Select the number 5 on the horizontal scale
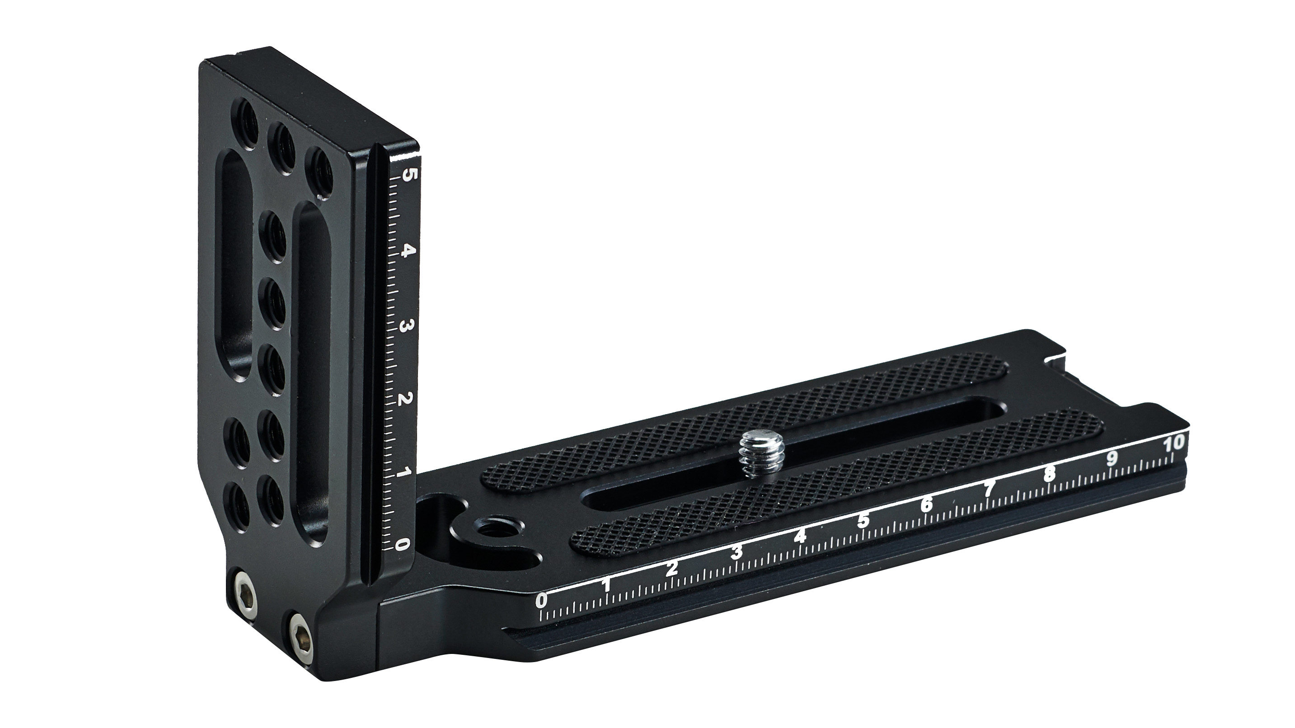pyautogui.click(x=863, y=522)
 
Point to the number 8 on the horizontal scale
pyautogui.click(x=1049, y=475)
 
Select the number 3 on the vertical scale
pyautogui.click(x=403, y=327)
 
